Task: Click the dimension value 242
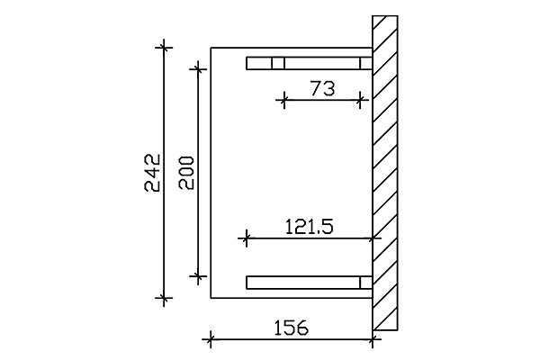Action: pos(152,173)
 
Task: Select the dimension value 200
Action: pos(186,173)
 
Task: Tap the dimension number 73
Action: pos(322,88)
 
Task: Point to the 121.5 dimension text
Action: pos(310,227)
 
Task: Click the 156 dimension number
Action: pos(291,328)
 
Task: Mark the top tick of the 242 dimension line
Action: pos(164,48)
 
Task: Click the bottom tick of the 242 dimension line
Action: pos(164,298)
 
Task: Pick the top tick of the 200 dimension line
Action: pos(198,69)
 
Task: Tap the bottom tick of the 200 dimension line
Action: pos(198,276)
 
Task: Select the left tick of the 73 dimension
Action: pos(284,100)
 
